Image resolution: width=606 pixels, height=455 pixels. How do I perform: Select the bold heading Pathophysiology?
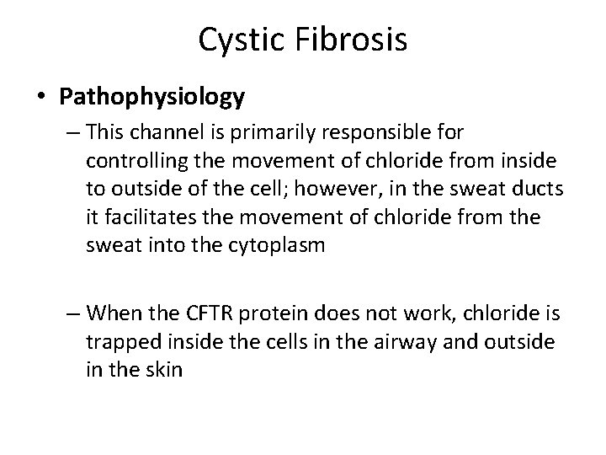pos(152,97)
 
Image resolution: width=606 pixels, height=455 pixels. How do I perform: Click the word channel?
pos(152,133)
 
